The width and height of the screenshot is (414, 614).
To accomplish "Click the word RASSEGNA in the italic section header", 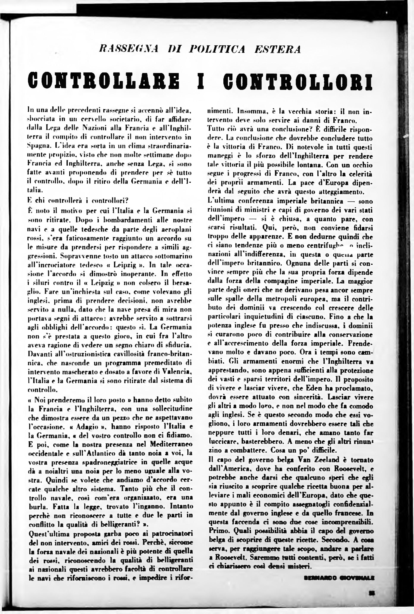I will (x=129, y=49).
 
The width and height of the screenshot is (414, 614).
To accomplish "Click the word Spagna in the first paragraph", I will (x=37, y=146).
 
